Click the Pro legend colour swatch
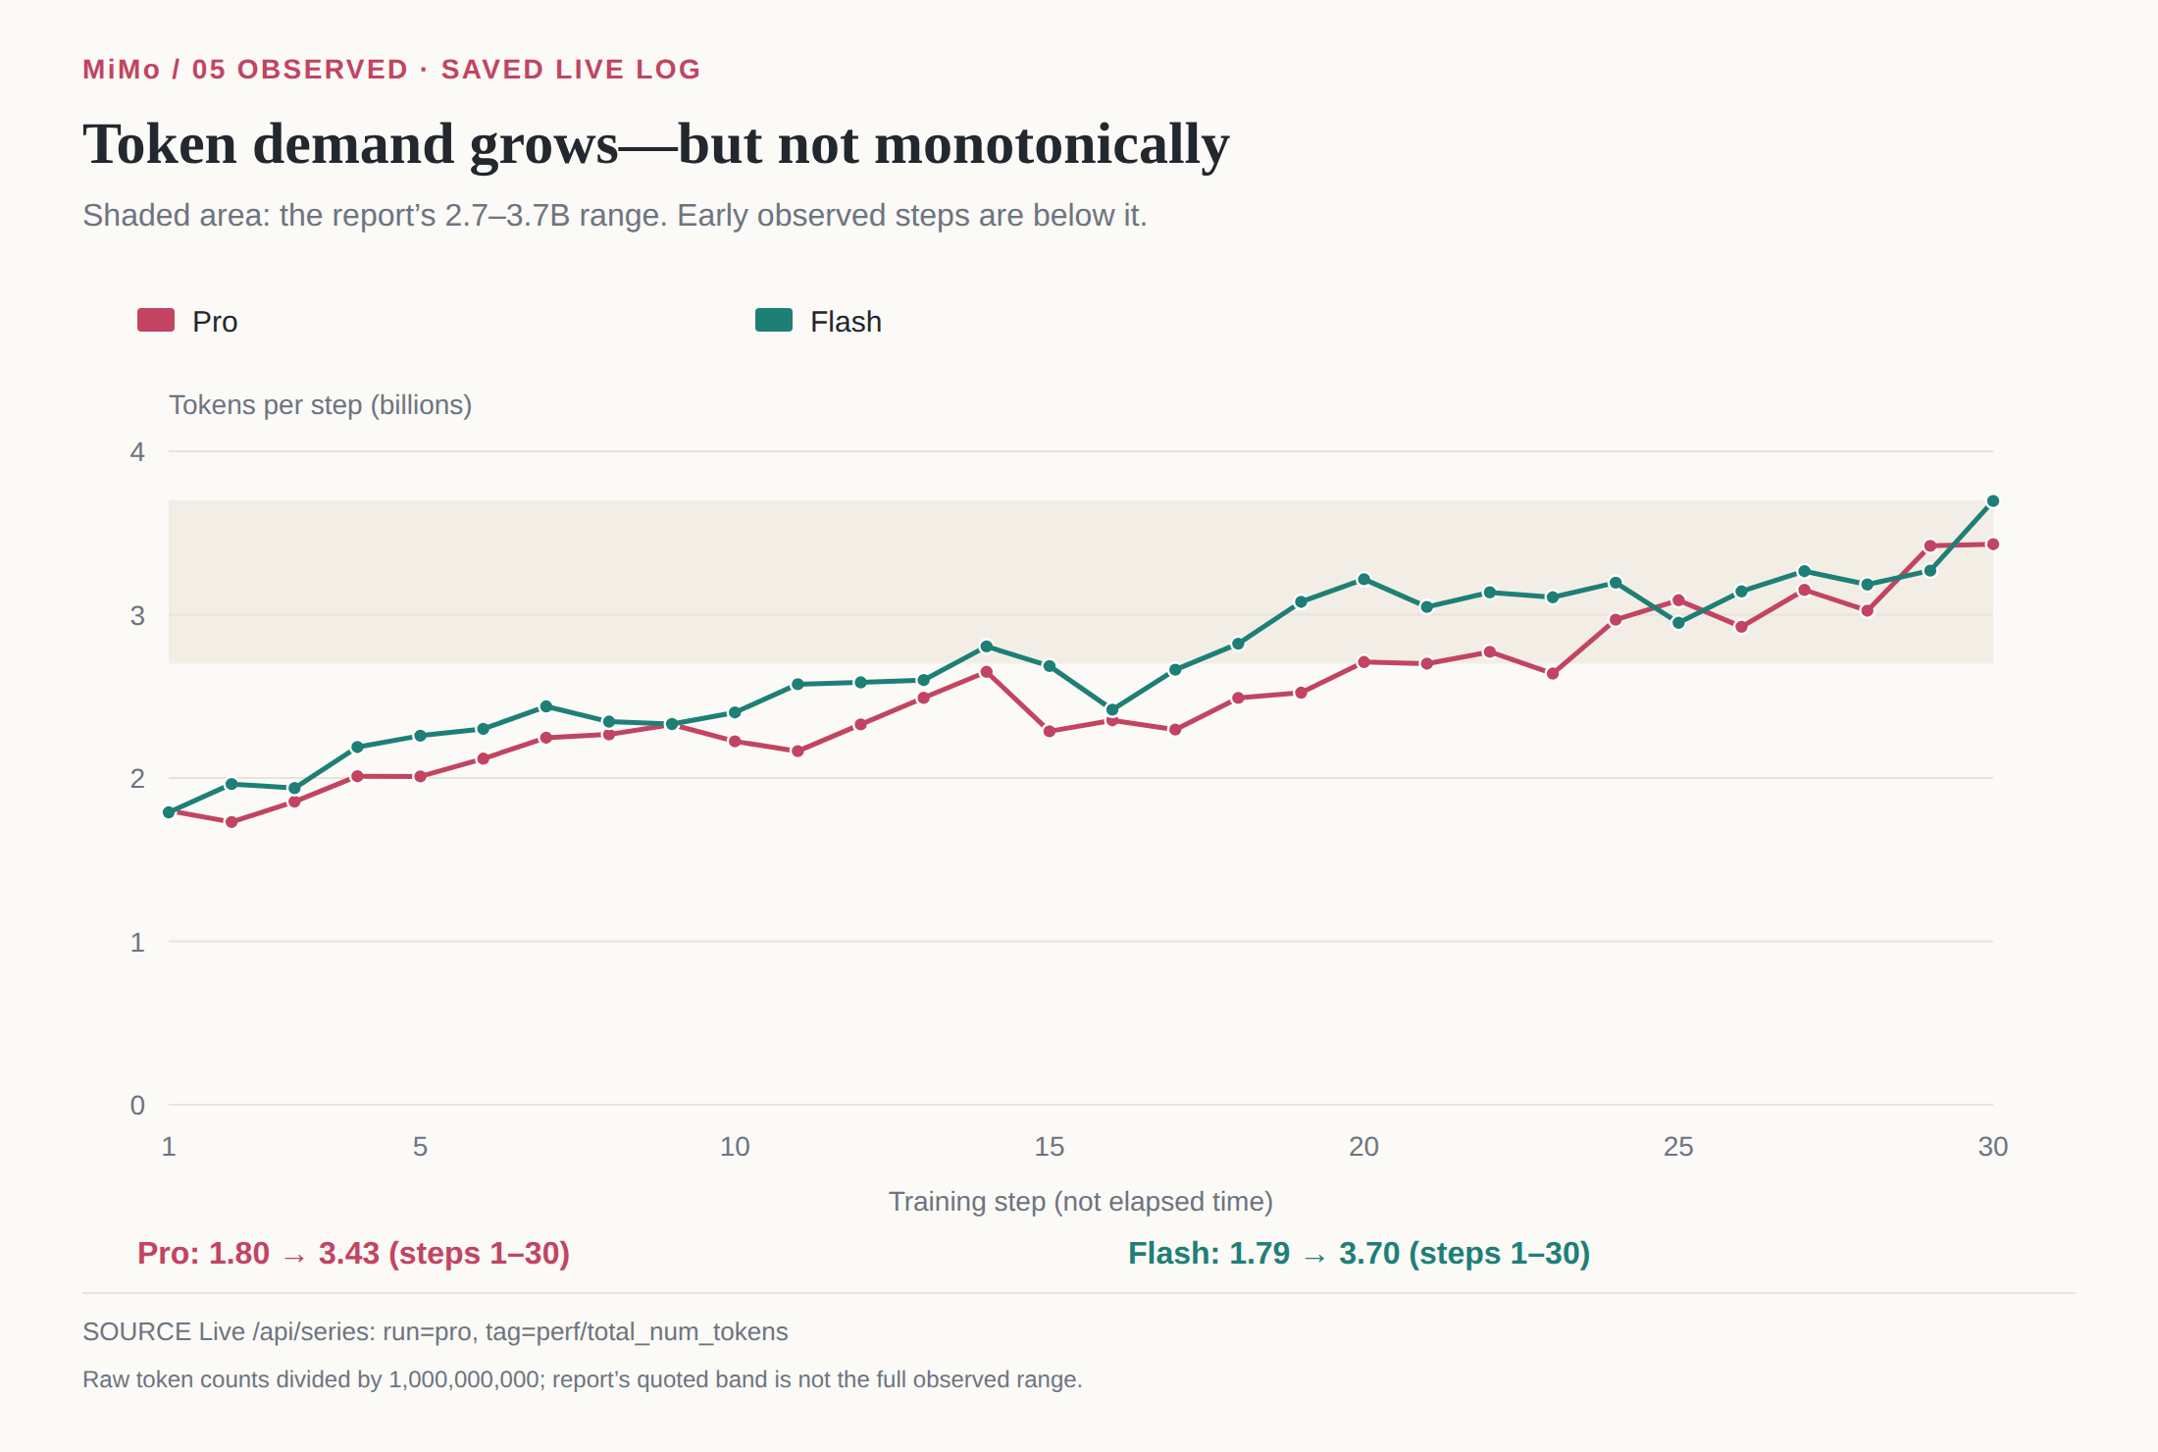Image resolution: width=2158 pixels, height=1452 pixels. pyautogui.click(x=156, y=320)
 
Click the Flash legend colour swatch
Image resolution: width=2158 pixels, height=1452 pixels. pyautogui.click(x=774, y=320)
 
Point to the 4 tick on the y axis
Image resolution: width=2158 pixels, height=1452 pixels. pyautogui.click(x=137, y=451)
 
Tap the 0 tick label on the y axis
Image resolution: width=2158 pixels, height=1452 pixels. pyautogui.click(x=137, y=1105)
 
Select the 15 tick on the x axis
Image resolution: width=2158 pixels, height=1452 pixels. pyautogui.click(x=1050, y=1146)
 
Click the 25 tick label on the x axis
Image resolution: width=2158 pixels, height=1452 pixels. pyautogui.click(x=1678, y=1146)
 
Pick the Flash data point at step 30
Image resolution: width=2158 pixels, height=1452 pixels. pyautogui.click(x=1993, y=501)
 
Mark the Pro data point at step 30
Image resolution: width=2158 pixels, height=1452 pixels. pyautogui.click(x=1993, y=544)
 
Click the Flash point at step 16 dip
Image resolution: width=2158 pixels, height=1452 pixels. pyautogui.click(x=1112, y=709)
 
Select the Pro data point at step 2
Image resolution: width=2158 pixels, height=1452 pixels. pyautogui.click(x=231, y=822)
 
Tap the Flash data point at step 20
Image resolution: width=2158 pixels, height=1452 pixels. pyautogui.click(x=1363, y=579)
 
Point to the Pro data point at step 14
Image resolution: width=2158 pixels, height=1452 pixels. pyautogui.click(x=987, y=672)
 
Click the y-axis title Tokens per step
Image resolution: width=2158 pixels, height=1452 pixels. pyautogui.click(x=320, y=405)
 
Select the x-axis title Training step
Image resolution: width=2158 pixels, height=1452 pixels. pyautogui.click(x=1081, y=1202)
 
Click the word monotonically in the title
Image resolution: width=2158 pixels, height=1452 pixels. pyautogui.click(x=1052, y=144)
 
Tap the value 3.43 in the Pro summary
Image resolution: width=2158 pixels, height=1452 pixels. pyautogui.click(x=348, y=1254)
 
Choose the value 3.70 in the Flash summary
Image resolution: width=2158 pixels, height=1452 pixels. pyautogui.click(x=1369, y=1254)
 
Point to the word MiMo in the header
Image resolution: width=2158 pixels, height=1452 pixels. pyautogui.click(x=122, y=70)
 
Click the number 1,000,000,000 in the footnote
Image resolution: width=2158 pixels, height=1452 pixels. pyautogui.click(x=464, y=1379)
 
